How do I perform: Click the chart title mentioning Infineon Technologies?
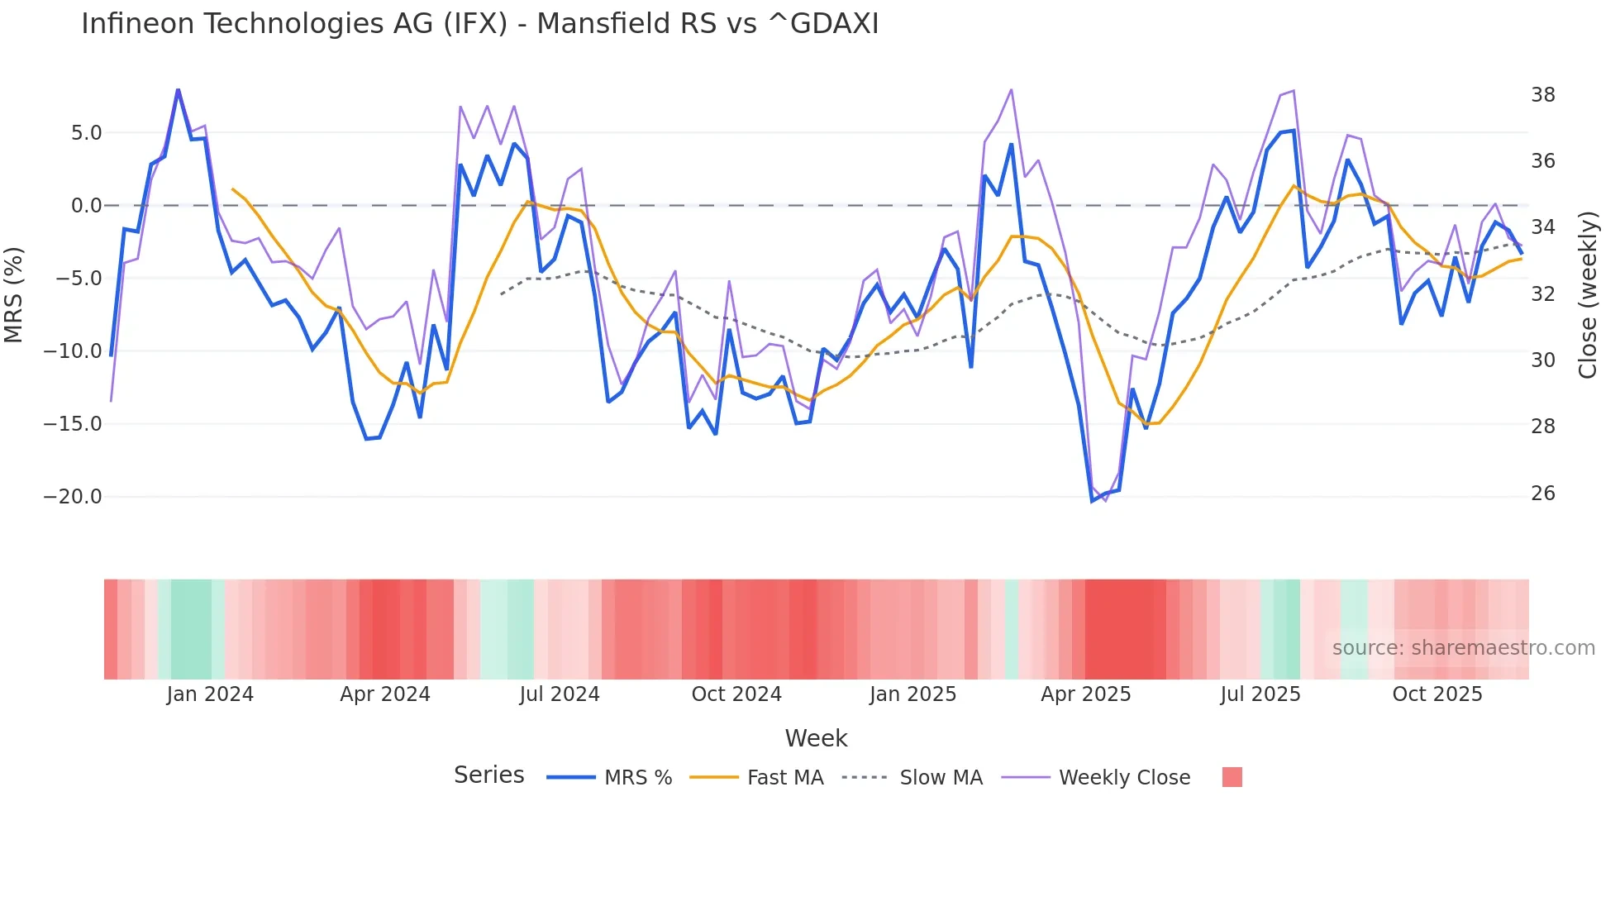[x=479, y=24]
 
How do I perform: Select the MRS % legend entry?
[x=637, y=778]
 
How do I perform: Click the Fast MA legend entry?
[x=784, y=778]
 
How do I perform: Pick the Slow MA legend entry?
[x=941, y=778]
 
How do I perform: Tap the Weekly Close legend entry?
[x=1124, y=778]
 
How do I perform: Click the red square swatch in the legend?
[x=1232, y=777]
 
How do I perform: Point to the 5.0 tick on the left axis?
[x=86, y=133]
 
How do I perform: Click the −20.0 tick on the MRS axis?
[x=74, y=497]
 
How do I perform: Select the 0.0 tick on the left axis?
[x=86, y=206]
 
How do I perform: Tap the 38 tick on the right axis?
[x=1542, y=95]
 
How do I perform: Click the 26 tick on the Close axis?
[x=1542, y=494]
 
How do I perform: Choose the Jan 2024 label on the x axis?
[x=210, y=694]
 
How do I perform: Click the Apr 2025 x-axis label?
[x=1085, y=694]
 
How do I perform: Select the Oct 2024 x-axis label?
[x=736, y=694]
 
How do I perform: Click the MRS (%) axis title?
[x=14, y=294]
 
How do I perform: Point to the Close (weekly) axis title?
[x=1588, y=294]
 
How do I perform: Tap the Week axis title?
[x=816, y=738]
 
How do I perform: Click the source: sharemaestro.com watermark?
[x=1463, y=648]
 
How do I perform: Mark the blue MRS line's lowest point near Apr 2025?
[x=1093, y=501]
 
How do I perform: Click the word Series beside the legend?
[x=488, y=775]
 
